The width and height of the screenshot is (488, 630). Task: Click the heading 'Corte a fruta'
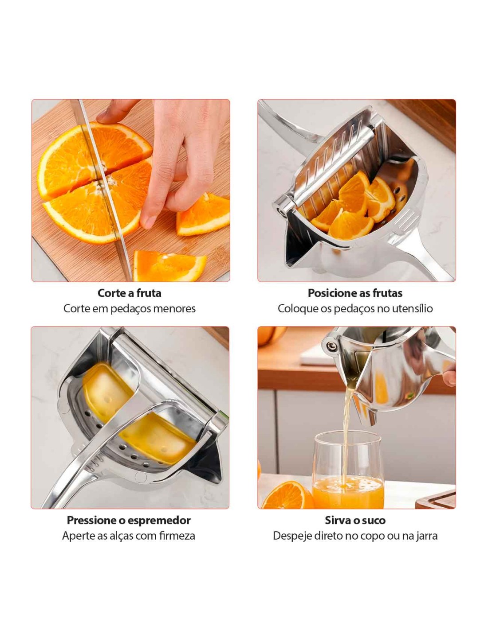(129, 293)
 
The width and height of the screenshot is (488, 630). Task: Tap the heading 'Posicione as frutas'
(355, 293)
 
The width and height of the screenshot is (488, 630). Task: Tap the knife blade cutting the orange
(102, 186)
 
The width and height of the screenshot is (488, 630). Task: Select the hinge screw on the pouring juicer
(330, 346)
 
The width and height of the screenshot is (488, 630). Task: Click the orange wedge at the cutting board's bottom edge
(170, 266)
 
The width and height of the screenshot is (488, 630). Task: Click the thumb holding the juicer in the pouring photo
(449, 378)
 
